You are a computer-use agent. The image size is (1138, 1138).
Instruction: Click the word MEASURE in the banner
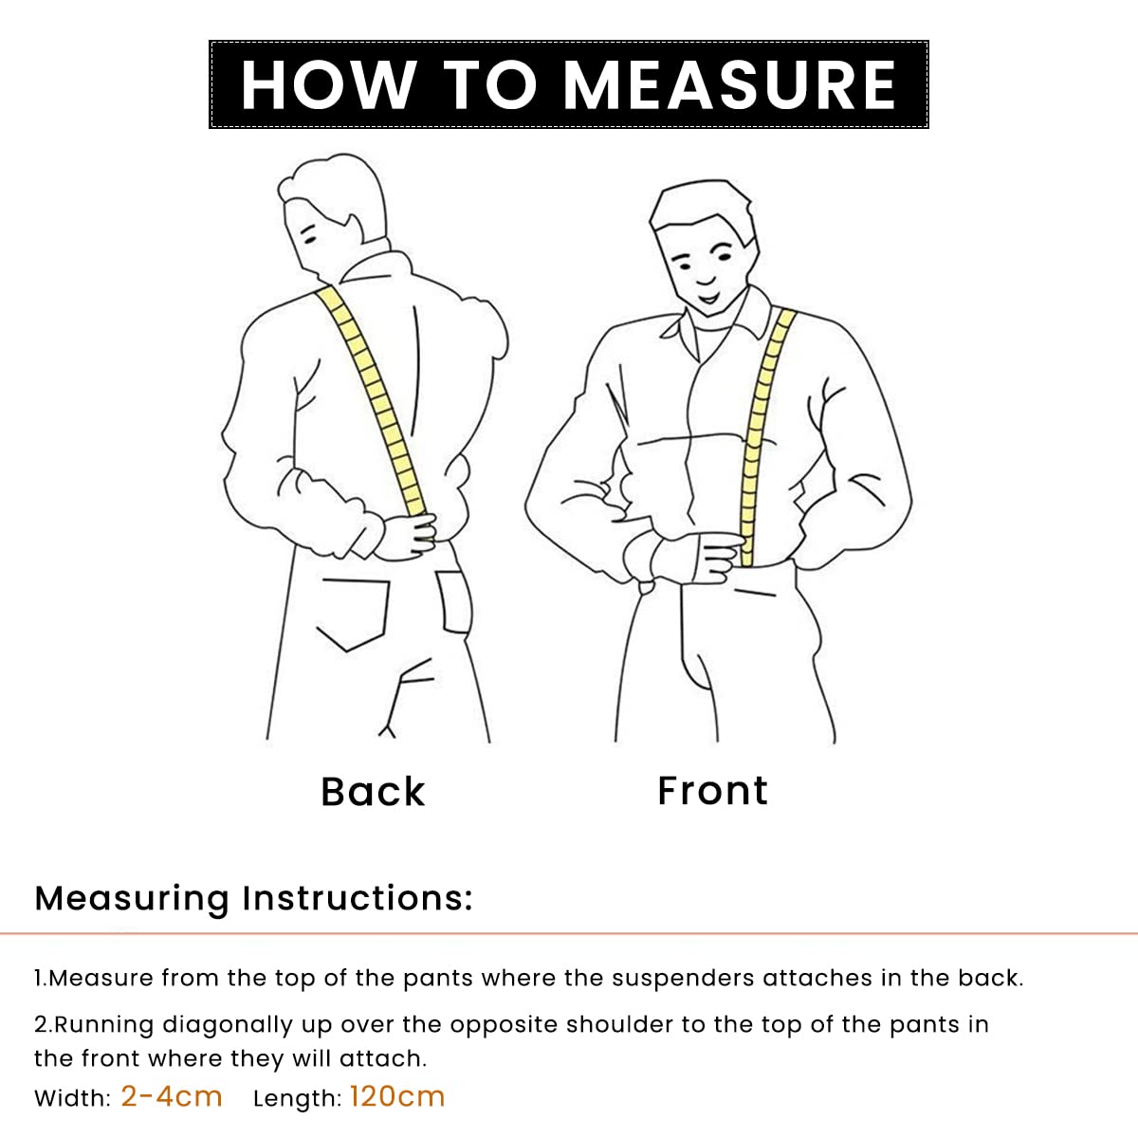coord(730,84)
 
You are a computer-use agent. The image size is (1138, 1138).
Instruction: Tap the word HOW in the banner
coord(328,84)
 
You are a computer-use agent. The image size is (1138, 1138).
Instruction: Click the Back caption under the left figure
coord(373,792)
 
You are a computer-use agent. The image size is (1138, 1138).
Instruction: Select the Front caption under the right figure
coord(712,791)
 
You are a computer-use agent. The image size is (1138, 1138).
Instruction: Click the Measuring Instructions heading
coord(253,899)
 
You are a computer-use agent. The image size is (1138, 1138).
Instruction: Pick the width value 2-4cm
coord(172,1096)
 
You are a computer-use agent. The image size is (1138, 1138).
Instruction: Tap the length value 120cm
coord(396,1096)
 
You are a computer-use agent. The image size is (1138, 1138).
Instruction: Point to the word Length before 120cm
coord(297,1098)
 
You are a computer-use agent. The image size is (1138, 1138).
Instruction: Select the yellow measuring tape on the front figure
coord(763,437)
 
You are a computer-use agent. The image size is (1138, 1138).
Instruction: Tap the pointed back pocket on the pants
coord(353,615)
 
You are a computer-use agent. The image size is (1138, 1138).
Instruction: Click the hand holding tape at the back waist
coord(408,535)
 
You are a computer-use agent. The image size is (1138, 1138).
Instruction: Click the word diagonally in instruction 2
coord(228,1024)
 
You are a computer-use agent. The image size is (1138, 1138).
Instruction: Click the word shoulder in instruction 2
coord(619,1024)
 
